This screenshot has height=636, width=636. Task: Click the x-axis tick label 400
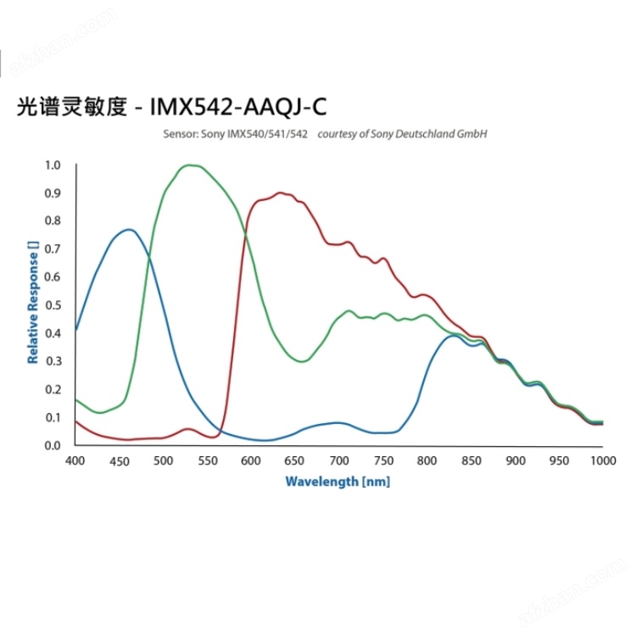click(x=75, y=460)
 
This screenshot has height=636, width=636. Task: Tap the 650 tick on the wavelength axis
click(x=294, y=460)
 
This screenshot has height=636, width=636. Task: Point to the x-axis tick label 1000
click(x=602, y=460)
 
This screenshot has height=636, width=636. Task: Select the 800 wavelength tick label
click(x=427, y=460)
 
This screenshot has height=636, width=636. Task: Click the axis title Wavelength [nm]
click(x=338, y=482)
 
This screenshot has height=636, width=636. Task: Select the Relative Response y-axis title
click(x=33, y=303)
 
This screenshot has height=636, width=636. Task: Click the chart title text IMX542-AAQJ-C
click(x=237, y=108)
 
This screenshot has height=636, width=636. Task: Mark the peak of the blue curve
click(x=129, y=229)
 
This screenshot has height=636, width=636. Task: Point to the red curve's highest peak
click(x=282, y=192)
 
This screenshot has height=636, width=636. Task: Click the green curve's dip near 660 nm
click(x=302, y=361)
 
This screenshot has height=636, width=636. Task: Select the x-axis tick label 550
click(x=207, y=460)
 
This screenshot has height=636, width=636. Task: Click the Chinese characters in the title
click(x=71, y=108)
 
